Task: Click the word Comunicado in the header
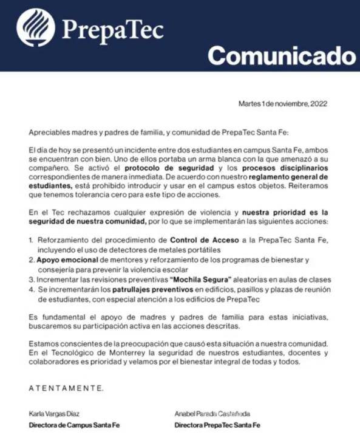[x=281, y=56]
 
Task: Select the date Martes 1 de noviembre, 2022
[x=283, y=104]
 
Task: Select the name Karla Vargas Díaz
[x=55, y=414]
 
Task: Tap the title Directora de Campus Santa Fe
[x=74, y=425]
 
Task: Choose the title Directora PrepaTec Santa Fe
[x=217, y=425]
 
